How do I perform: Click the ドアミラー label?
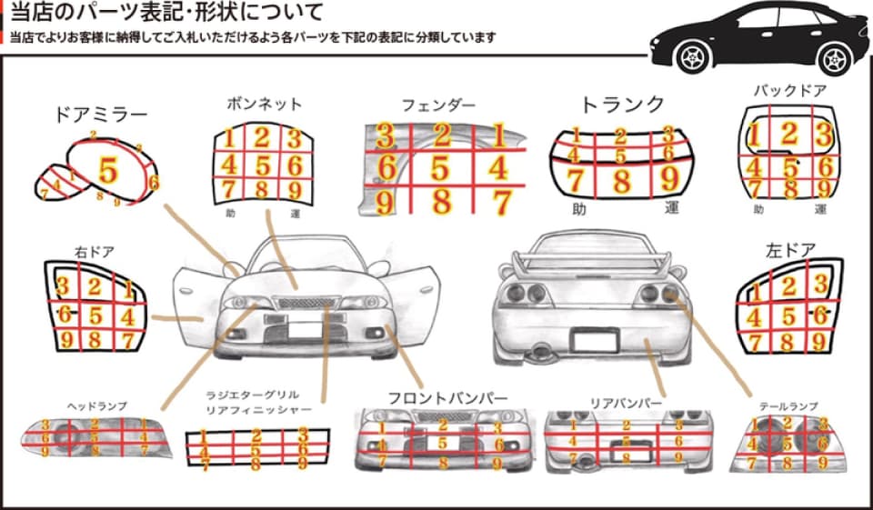click(101, 115)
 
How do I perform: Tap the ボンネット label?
click(264, 104)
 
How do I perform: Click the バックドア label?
click(789, 91)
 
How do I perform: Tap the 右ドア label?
click(94, 252)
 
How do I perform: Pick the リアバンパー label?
click(626, 400)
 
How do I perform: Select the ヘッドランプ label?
click(96, 405)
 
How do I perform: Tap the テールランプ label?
click(788, 405)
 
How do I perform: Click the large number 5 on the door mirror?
click(108, 170)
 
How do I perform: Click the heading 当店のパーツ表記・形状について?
click(166, 15)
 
